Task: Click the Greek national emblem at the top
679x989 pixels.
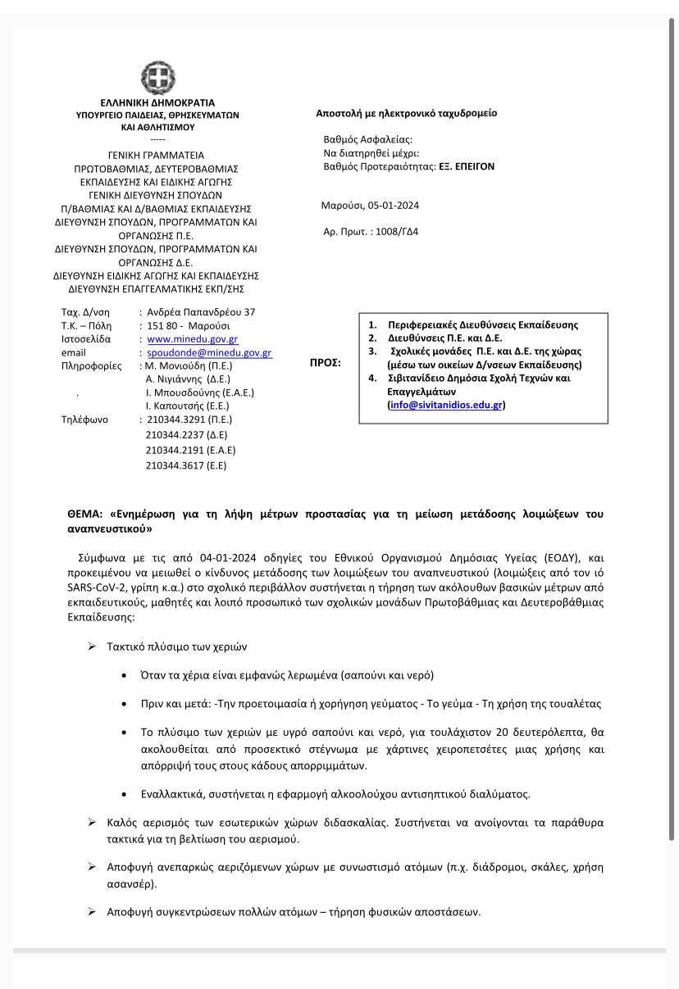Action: point(157,78)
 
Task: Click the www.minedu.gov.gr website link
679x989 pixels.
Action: point(193,339)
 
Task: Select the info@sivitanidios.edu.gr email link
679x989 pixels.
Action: point(445,405)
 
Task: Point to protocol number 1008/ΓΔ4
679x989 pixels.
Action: point(396,232)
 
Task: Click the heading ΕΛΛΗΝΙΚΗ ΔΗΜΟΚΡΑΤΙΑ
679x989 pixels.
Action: point(157,103)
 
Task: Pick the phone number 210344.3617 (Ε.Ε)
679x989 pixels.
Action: point(185,465)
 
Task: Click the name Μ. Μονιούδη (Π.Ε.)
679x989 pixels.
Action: point(189,366)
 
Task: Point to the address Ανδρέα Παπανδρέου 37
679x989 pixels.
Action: point(201,312)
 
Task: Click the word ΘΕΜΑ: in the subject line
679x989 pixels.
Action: point(84,515)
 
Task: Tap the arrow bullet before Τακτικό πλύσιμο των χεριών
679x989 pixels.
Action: point(92,646)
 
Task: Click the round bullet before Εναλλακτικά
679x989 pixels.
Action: point(122,794)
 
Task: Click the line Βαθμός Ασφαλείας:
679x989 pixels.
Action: point(368,140)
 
